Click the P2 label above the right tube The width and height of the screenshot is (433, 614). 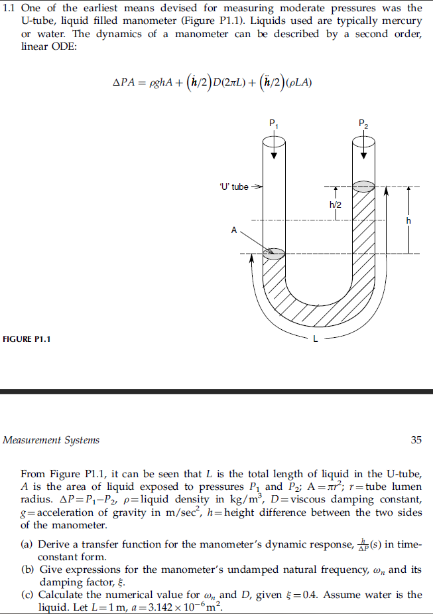coord(362,124)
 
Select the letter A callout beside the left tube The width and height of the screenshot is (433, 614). coord(233,230)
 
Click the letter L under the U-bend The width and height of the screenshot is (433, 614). coord(316,339)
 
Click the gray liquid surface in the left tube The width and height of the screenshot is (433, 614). coord(274,253)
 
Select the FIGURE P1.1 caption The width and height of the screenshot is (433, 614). coord(27,339)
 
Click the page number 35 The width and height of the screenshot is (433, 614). coord(416,439)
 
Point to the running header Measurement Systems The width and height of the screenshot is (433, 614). coord(51,439)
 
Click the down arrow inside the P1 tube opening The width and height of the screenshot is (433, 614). coord(274,151)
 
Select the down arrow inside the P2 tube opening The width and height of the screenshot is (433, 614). coord(363,151)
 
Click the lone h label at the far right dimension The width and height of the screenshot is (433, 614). coord(409,220)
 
